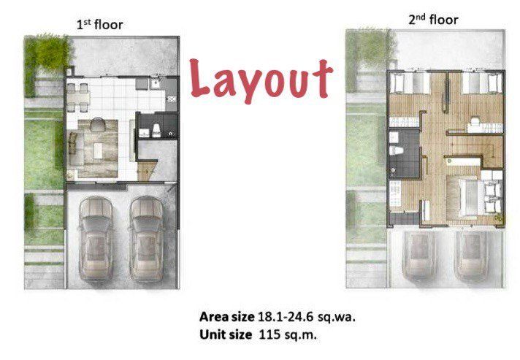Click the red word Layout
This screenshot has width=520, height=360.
tap(261, 80)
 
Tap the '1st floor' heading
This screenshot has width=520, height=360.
tap(100, 25)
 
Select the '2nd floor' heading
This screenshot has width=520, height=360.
tap(433, 20)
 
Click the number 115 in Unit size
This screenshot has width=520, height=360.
tap(269, 334)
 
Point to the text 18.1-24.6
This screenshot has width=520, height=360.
tap(286, 317)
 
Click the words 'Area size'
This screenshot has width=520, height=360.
tap(227, 317)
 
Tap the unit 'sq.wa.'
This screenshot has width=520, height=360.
tap(337, 318)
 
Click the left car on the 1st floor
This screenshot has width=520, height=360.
tap(96, 239)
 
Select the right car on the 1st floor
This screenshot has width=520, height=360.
tap(147, 239)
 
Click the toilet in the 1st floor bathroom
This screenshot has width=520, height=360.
tap(156, 131)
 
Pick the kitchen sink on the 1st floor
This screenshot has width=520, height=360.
tap(156, 83)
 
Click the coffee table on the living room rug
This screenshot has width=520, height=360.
tap(98, 150)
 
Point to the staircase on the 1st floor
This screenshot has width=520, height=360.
tap(146, 169)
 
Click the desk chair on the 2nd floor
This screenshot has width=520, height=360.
tap(475, 120)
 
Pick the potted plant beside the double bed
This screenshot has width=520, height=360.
tap(498, 218)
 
